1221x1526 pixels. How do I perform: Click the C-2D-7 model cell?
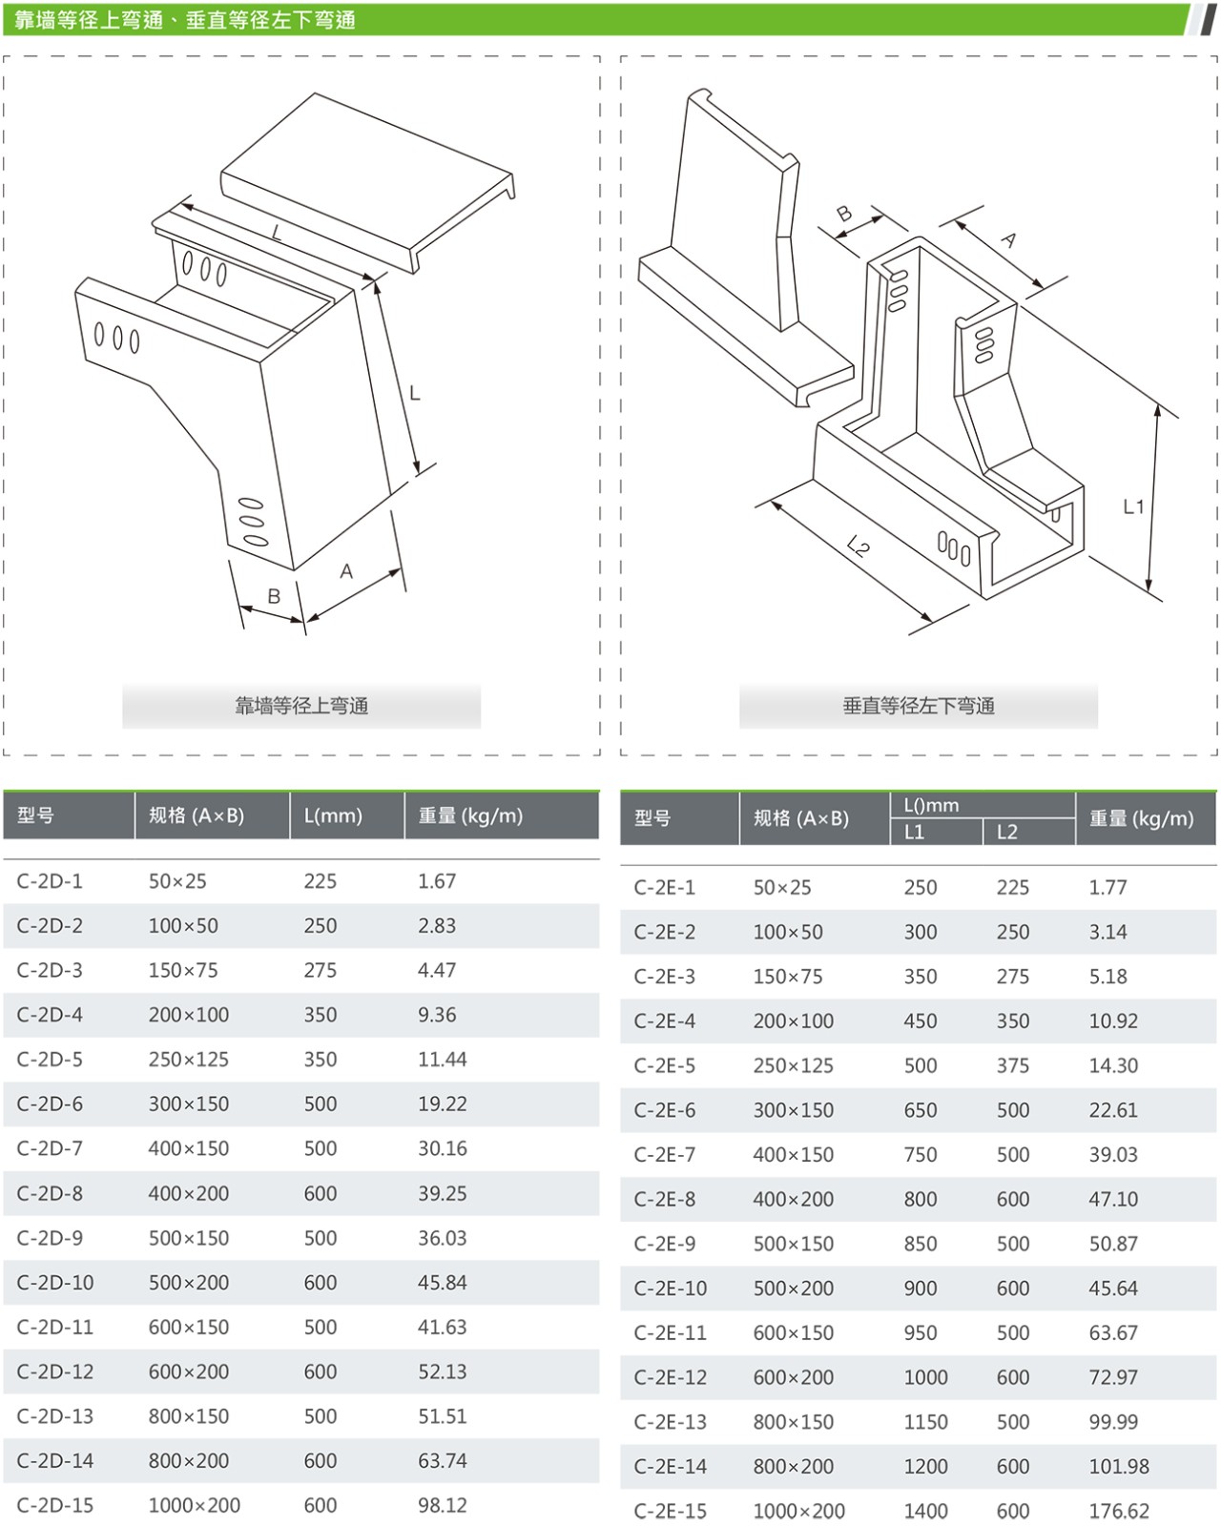[x=50, y=1148]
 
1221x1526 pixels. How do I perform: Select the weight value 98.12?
[x=443, y=1505]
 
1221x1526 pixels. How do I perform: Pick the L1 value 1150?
[x=925, y=1422]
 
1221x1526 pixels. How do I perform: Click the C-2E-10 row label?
[x=671, y=1289]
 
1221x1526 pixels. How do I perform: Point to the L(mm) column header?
[x=333, y=816]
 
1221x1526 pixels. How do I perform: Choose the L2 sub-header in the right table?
[x=1006, y=832]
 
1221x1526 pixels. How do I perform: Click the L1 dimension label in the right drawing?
[x=1133, y=506]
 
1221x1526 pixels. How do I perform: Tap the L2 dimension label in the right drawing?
[x=858, y=546]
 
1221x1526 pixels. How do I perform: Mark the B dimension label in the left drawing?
[x=274, y=596]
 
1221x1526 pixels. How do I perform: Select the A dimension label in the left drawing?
[x=346, y=571]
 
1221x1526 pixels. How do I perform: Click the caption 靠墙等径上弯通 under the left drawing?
[x=301, y=706]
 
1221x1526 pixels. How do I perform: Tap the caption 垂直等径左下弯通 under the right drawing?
[x=919, y=706]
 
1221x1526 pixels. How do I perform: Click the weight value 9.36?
[x=437, y=1015]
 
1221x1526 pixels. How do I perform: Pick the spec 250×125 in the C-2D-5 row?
[x=188, y=1060]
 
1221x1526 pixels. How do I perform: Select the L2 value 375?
[x=1012, y=1065]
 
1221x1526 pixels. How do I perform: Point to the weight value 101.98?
[x=1119, y=1466]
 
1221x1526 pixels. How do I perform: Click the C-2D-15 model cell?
[x=55, y=1505]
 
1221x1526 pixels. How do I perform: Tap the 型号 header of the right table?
[x=652, y=818]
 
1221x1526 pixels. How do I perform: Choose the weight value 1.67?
[x=437, y=881]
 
